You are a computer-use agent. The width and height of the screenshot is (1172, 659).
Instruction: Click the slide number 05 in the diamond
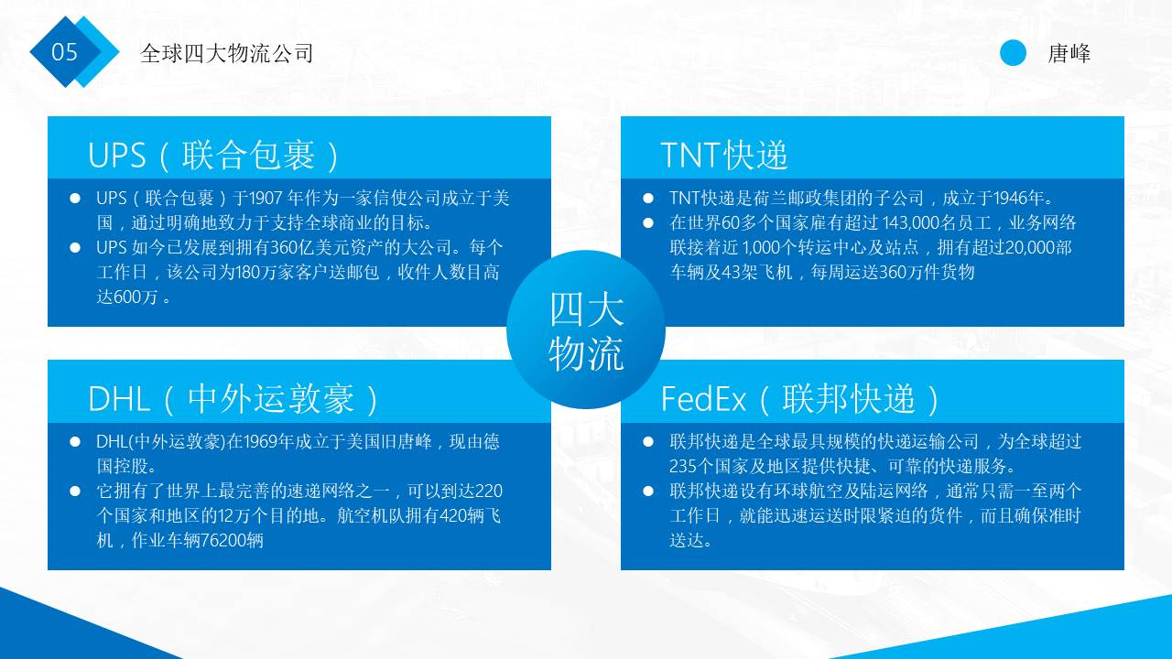pyautogui.click(x=65, y=52)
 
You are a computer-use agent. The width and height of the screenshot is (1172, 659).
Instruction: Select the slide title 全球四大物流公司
pyautogui.click(x=226, y=53)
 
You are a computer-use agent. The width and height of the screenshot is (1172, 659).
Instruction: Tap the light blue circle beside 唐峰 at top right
pyautogui.click(x=1013, y=53)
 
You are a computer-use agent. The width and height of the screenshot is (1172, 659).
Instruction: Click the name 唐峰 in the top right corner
pyautogui.click(x=1069, y=53)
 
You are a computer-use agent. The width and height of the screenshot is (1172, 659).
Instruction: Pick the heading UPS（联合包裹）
pyautogui.click(x=214, y=156)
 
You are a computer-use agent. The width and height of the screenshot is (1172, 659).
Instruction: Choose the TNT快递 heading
pyautogui.click(x=723, y=156)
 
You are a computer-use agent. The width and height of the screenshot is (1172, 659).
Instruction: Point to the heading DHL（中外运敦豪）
pyautogui.click(x=234, y=399)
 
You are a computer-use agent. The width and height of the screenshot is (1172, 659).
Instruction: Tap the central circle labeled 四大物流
pyautogui.click(x=586, y=329)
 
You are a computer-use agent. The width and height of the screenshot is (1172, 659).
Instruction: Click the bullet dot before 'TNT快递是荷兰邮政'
pyautogui.click(x=648, y=198)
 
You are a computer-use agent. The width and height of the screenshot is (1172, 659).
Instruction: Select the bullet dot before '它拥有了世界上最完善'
pyautogui.click(x=75, y=492)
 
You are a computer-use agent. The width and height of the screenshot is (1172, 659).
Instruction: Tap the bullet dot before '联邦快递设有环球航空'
pyautogui.click(x=648, y=492)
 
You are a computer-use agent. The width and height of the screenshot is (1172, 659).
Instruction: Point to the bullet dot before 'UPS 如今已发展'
pyautogui.click(x=75, y=247)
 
